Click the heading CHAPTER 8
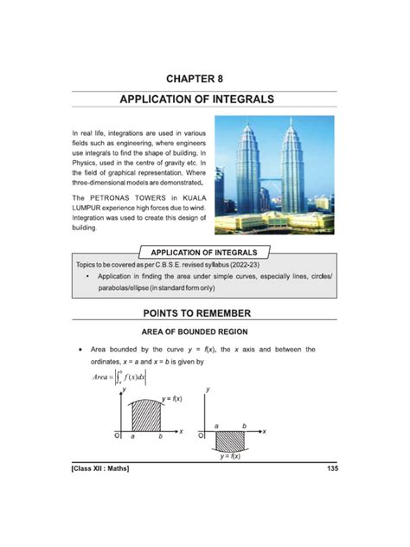tap(205, 79)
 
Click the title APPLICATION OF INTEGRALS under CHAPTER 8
tap(205, 100)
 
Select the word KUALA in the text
tap(183, 198)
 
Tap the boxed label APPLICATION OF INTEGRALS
tap(206, 252)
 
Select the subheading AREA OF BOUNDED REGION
tap(205, 331)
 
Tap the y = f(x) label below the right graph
tap(229, 456)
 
